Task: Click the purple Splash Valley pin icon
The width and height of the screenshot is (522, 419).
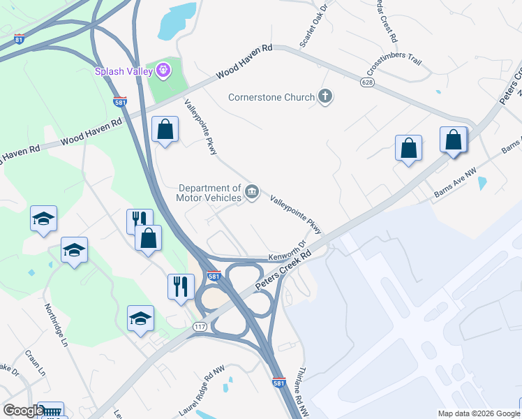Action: [x=164, y=70]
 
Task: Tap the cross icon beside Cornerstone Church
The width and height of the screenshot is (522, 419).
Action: [x=325, y=96]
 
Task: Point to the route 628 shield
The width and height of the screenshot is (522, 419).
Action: [x=367, y=82]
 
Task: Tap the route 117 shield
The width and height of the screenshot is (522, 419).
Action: [x=200, y=327]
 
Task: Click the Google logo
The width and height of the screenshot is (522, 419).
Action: [x=23, y=411]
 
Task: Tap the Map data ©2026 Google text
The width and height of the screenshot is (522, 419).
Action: [x=477, y=413]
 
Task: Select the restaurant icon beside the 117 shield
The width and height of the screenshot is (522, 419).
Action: [x=180, y=286]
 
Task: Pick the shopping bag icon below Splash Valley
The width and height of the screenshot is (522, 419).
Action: [x=165, y=130]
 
